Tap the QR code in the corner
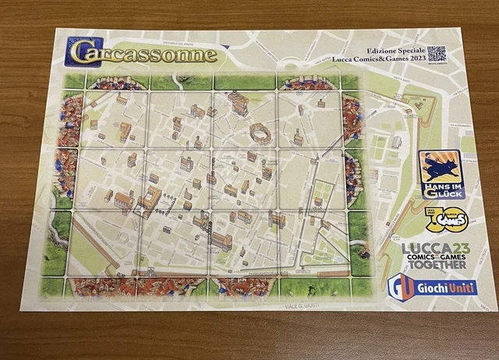click(437, 54)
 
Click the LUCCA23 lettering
click(434, 247)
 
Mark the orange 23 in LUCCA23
click(458, 247)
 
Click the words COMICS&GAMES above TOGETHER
click(434, 256)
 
